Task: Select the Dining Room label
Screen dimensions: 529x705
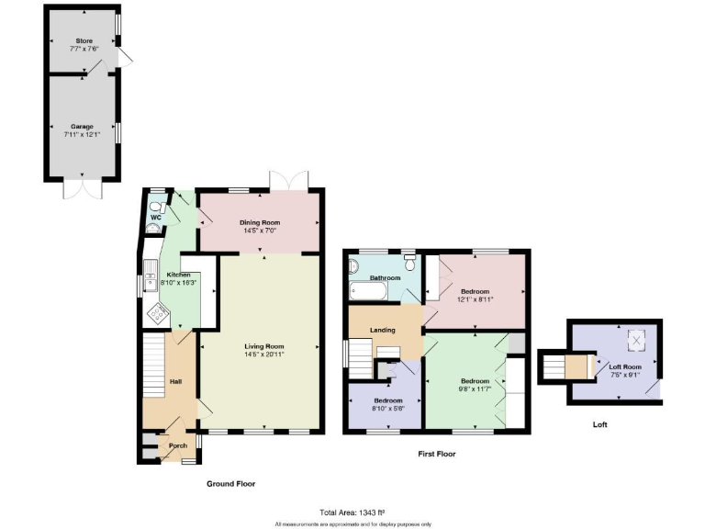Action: (x=260, y=223)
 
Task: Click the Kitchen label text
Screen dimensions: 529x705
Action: (x=177, y=275)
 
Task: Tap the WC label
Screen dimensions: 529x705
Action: (x=156, y=218)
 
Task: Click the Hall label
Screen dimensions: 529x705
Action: (x=173, y=381)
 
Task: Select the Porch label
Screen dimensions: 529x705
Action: (x=177, y=446)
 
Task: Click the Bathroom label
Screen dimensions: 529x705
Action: (x=385, y=277)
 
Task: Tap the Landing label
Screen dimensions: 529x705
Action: (x=382, y=331)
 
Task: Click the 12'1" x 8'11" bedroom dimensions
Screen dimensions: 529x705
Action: (x=475, y=299)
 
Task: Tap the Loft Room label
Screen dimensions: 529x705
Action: (x=624, y=366)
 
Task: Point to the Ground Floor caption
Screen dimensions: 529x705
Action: (x=231, y=484)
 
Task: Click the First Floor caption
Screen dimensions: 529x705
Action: (x=437, y=454)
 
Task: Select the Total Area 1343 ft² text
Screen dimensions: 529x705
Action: (x=352, y=512)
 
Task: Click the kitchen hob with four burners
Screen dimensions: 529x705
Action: (x=158, y=315)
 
